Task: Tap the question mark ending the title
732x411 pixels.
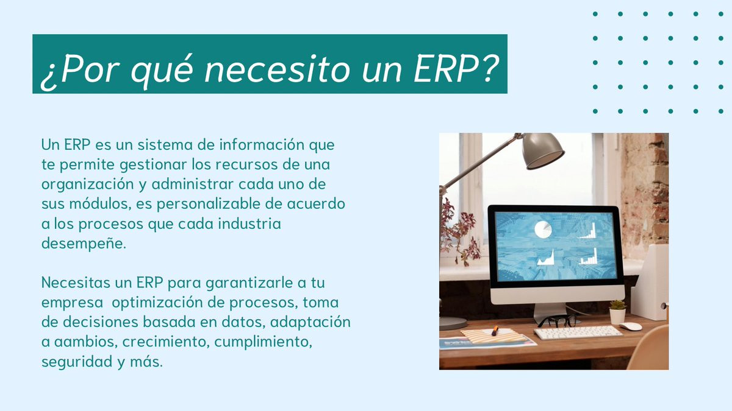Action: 489,68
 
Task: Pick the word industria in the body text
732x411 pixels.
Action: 249,224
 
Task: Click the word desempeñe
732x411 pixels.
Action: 84,244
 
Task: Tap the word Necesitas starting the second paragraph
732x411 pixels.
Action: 76,283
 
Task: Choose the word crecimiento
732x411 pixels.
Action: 166,342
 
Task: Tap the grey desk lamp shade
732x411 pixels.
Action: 542,151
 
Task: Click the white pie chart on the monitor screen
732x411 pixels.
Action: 543,230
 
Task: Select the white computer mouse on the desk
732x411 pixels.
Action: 631,326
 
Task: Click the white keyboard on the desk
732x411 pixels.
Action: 578,332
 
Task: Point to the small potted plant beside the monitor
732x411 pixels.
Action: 617,312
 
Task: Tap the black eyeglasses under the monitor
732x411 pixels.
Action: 558,321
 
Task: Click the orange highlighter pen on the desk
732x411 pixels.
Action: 495,331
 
